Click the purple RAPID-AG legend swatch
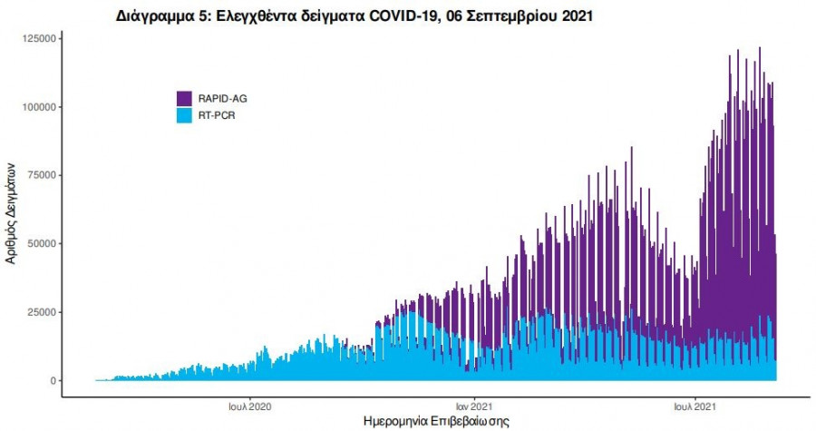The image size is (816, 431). [184, 98]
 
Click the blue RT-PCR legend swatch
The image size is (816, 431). [184, 115]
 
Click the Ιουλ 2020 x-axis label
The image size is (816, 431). [251, 406]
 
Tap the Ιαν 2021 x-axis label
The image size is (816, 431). [473, 406]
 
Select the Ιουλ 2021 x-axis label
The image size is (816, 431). [695, 406]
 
